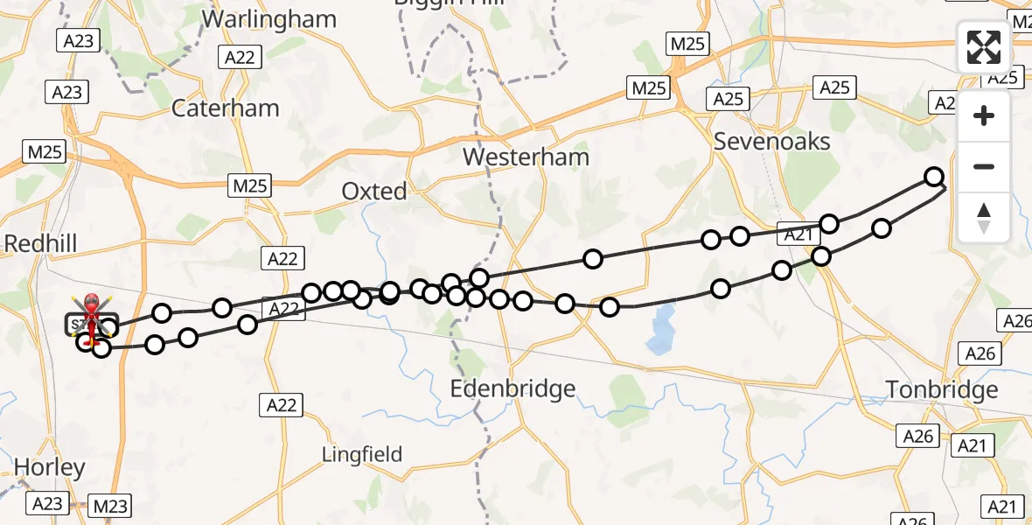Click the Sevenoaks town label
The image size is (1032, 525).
pyautogui.click(x=772, y=141)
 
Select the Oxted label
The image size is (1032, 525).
pyautogui.click(x=374, y=191)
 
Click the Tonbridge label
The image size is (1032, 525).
pyautogui.click(x=941, y=389)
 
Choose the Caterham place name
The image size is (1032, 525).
pyautogui.click(x=226, y=108)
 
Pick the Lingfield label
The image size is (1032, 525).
pyautogui.click(x=362, y=454)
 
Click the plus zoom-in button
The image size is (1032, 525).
pyautogui.click(x=984, y=116)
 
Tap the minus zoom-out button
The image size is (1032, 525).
pyautogui.click(x=984, y=166)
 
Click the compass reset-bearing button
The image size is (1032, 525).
pyautogui.click(x=984, y=217)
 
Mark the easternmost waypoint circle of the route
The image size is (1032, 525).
pyautogui.click(x=934, y=177)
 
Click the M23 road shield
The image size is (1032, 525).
pyautogui.click(x=110, y=506)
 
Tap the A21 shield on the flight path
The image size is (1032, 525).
pyautogui.click(x=797, y=234)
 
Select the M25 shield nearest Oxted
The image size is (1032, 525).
pyautogui.click(x=251, y=185)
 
